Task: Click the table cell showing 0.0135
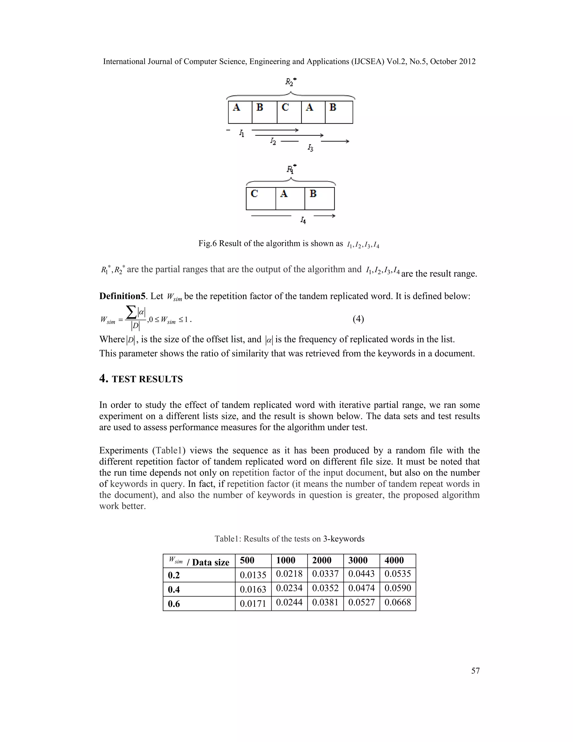click(253, 575)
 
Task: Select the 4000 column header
click(398, 561)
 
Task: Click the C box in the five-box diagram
click(289, 112)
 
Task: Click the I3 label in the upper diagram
click(310, 148)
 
